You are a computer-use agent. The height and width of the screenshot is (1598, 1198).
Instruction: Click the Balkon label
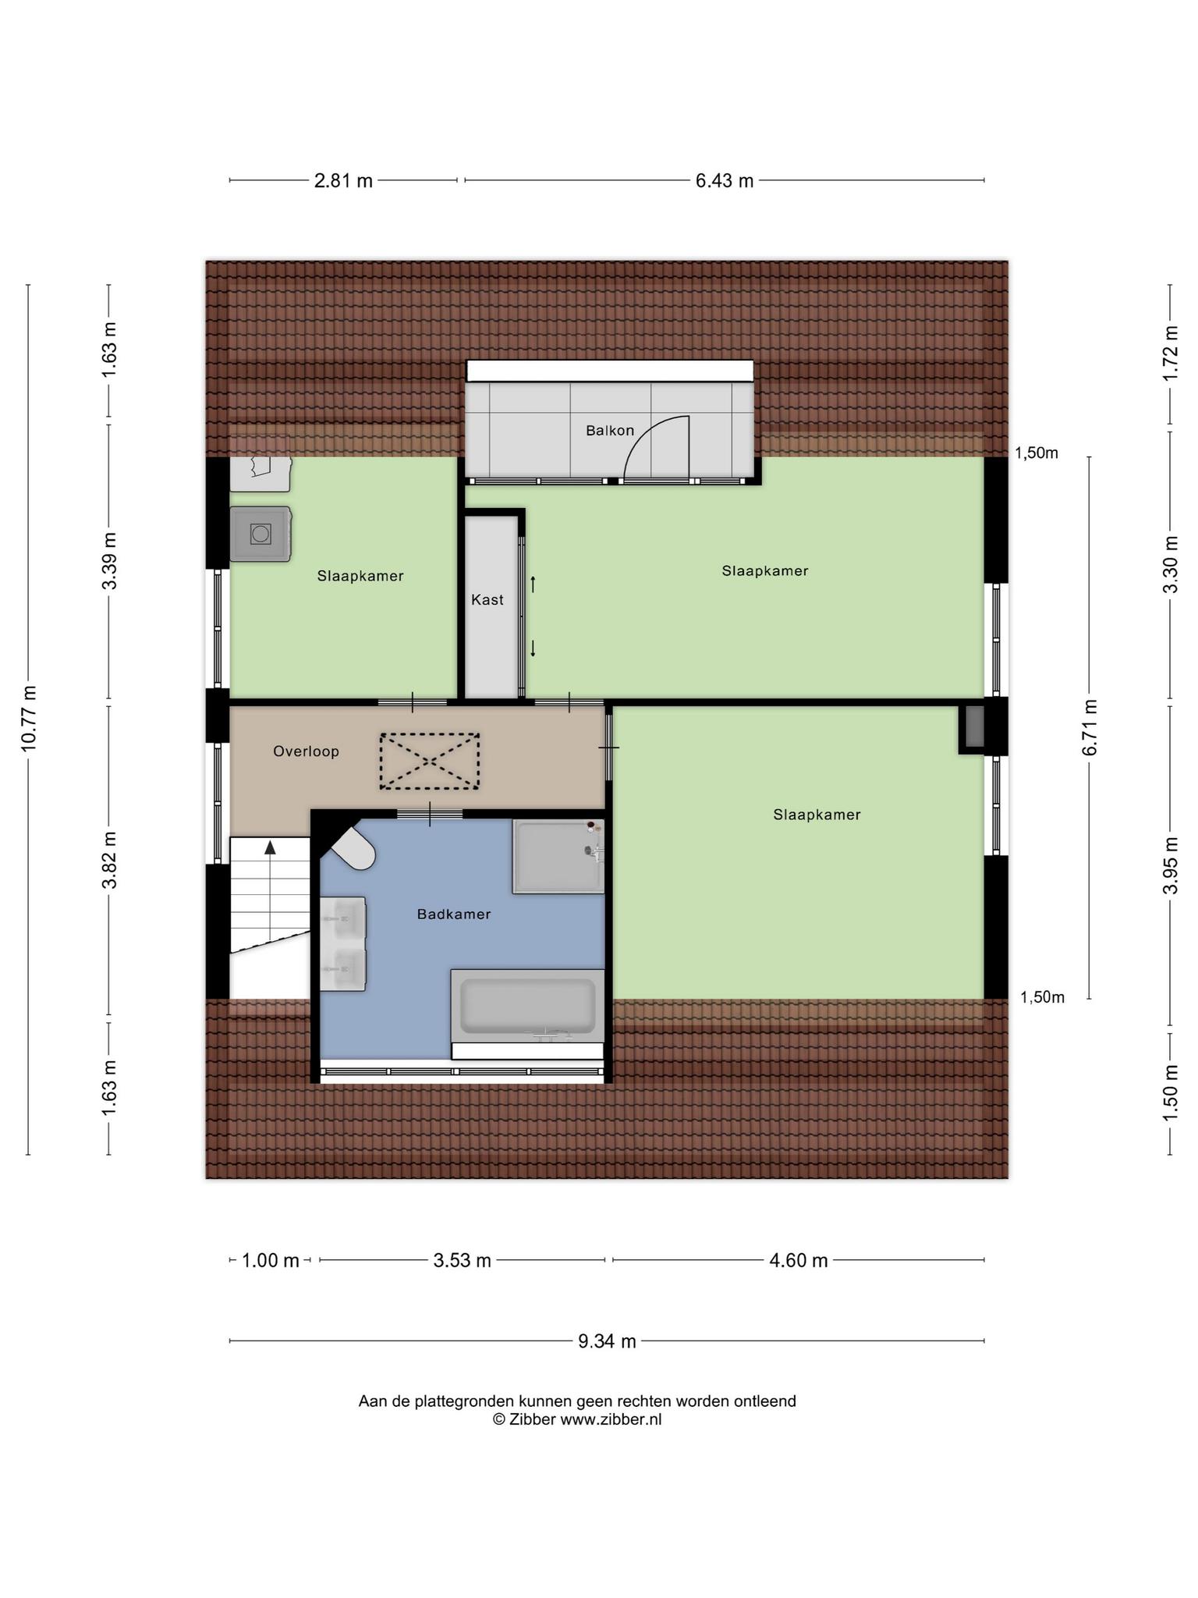610,431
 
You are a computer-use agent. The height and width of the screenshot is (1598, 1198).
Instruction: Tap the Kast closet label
487,600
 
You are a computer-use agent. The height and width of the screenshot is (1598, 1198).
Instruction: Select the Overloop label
306,751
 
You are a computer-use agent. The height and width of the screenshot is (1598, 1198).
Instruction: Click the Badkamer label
454,914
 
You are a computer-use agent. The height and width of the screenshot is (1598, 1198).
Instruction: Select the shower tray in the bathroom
558,856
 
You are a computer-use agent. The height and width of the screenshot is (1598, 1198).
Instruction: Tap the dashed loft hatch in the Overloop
430,761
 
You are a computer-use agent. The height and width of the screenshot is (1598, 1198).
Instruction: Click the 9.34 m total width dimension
607,1341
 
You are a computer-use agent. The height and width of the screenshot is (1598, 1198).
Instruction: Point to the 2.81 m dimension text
343,181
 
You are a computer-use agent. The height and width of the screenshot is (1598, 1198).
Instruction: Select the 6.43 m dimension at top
725,181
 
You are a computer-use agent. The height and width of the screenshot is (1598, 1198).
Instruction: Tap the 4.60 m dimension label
799,1260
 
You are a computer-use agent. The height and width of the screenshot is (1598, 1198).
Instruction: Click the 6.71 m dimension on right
1090,727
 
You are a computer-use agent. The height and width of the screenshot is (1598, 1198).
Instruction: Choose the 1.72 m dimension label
1171,353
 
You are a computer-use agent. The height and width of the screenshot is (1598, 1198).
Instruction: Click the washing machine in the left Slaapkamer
261,534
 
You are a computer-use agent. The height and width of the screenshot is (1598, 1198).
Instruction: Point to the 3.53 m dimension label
463,1260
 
